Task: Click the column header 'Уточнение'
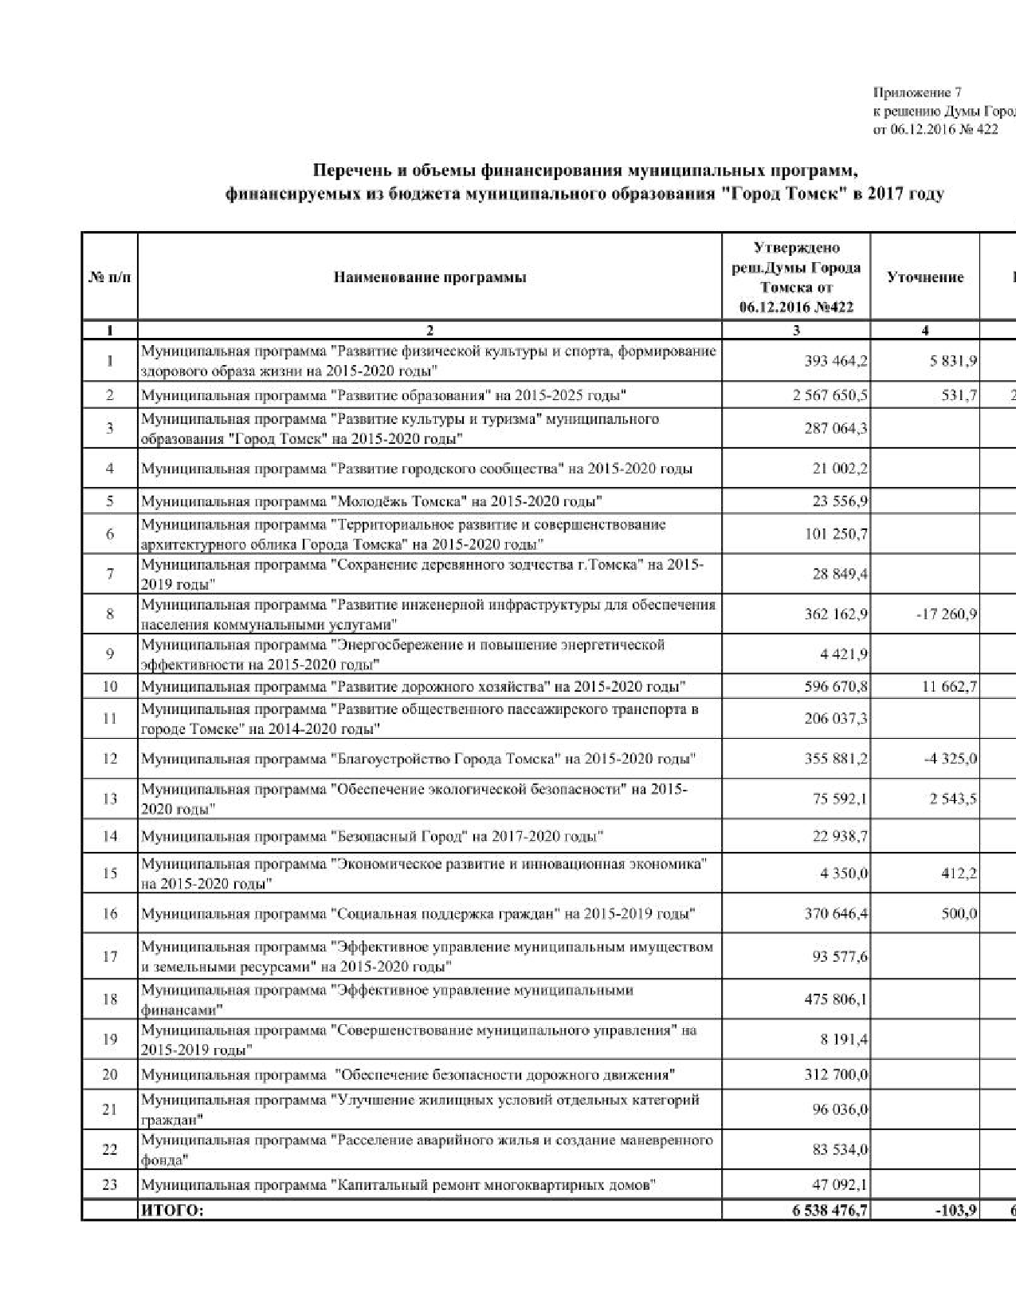(x=925, y=277)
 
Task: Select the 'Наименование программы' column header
(x=430, y=277)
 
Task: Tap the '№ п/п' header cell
(x=109, y=277)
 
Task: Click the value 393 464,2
(x=836, y=361)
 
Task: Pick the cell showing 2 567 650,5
(x=830, y=395)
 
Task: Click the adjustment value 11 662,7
(x=949, y=686)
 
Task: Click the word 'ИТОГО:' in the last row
(x=172, y=1211)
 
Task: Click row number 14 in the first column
(x=110, y=836)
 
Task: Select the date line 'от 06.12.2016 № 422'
(x=935, y=129)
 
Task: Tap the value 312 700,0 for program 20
(x=836, y=1074)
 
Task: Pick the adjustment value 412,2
(x=959, y=873)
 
